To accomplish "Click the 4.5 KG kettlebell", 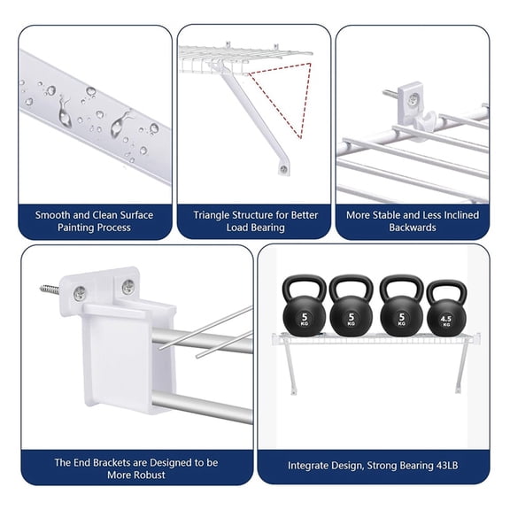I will pyautogui.click(x=445, y=312).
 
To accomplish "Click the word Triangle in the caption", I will pyautogui.click(x=216, y=215).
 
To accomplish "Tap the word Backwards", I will pyautogui.click(x=413, y=228).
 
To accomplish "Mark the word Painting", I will pyautogui.click(x=81, y=228).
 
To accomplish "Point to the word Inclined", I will pyautogui.click(x=458, y=215).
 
